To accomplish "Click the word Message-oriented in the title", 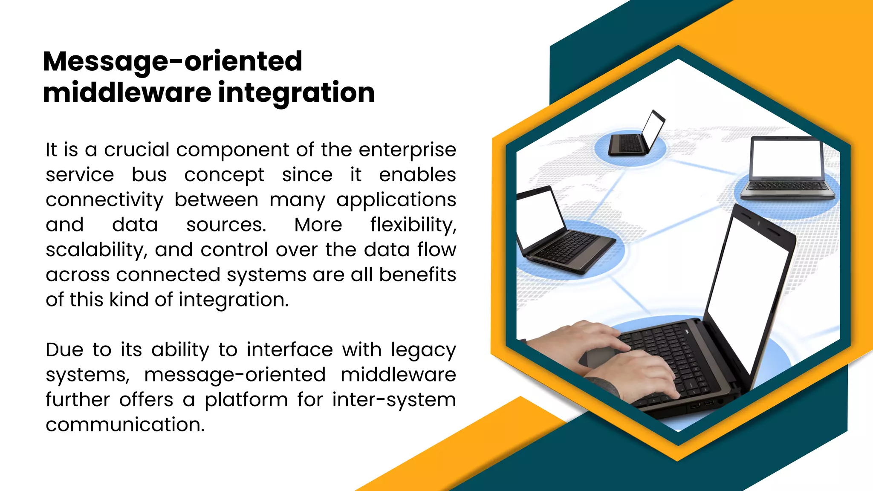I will click(173, 61).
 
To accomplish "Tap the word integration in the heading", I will click(296, 93).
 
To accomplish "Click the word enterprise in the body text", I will click(407, 150).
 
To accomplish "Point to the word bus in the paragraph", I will click(149, 175).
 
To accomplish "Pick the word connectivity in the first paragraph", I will click(104, 200).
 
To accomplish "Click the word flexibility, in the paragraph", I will click(413, 225).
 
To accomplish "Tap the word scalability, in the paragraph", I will click(96, 250).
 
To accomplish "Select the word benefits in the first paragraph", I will click(417, 275).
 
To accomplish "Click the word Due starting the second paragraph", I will click(64, 350).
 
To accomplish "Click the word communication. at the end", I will click(125, 425).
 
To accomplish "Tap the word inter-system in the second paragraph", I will click(394, 400).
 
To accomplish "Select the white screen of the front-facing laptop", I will click(786, 158).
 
